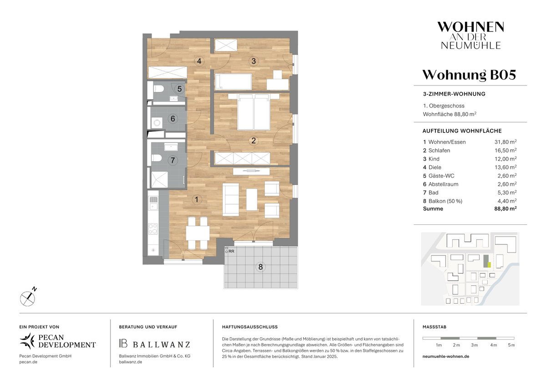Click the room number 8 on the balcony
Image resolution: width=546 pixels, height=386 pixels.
coord(261,267)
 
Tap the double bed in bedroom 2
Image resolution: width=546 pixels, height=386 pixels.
coord(254,112)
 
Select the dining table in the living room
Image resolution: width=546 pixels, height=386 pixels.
coord(197,233)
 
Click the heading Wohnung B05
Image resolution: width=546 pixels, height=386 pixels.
coord(469,75)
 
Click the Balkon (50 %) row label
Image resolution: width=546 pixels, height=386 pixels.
coord(443,201)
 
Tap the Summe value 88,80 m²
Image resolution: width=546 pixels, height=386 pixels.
coord(504,209)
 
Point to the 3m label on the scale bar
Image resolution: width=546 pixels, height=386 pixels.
coord(475,345)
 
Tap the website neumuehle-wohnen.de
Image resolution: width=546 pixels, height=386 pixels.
coord(446,356)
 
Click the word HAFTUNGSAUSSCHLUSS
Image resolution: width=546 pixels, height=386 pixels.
coord(249,327)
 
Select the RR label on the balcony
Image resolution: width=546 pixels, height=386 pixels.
coord(232,251)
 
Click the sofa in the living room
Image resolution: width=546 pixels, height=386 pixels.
coord(231,199)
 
